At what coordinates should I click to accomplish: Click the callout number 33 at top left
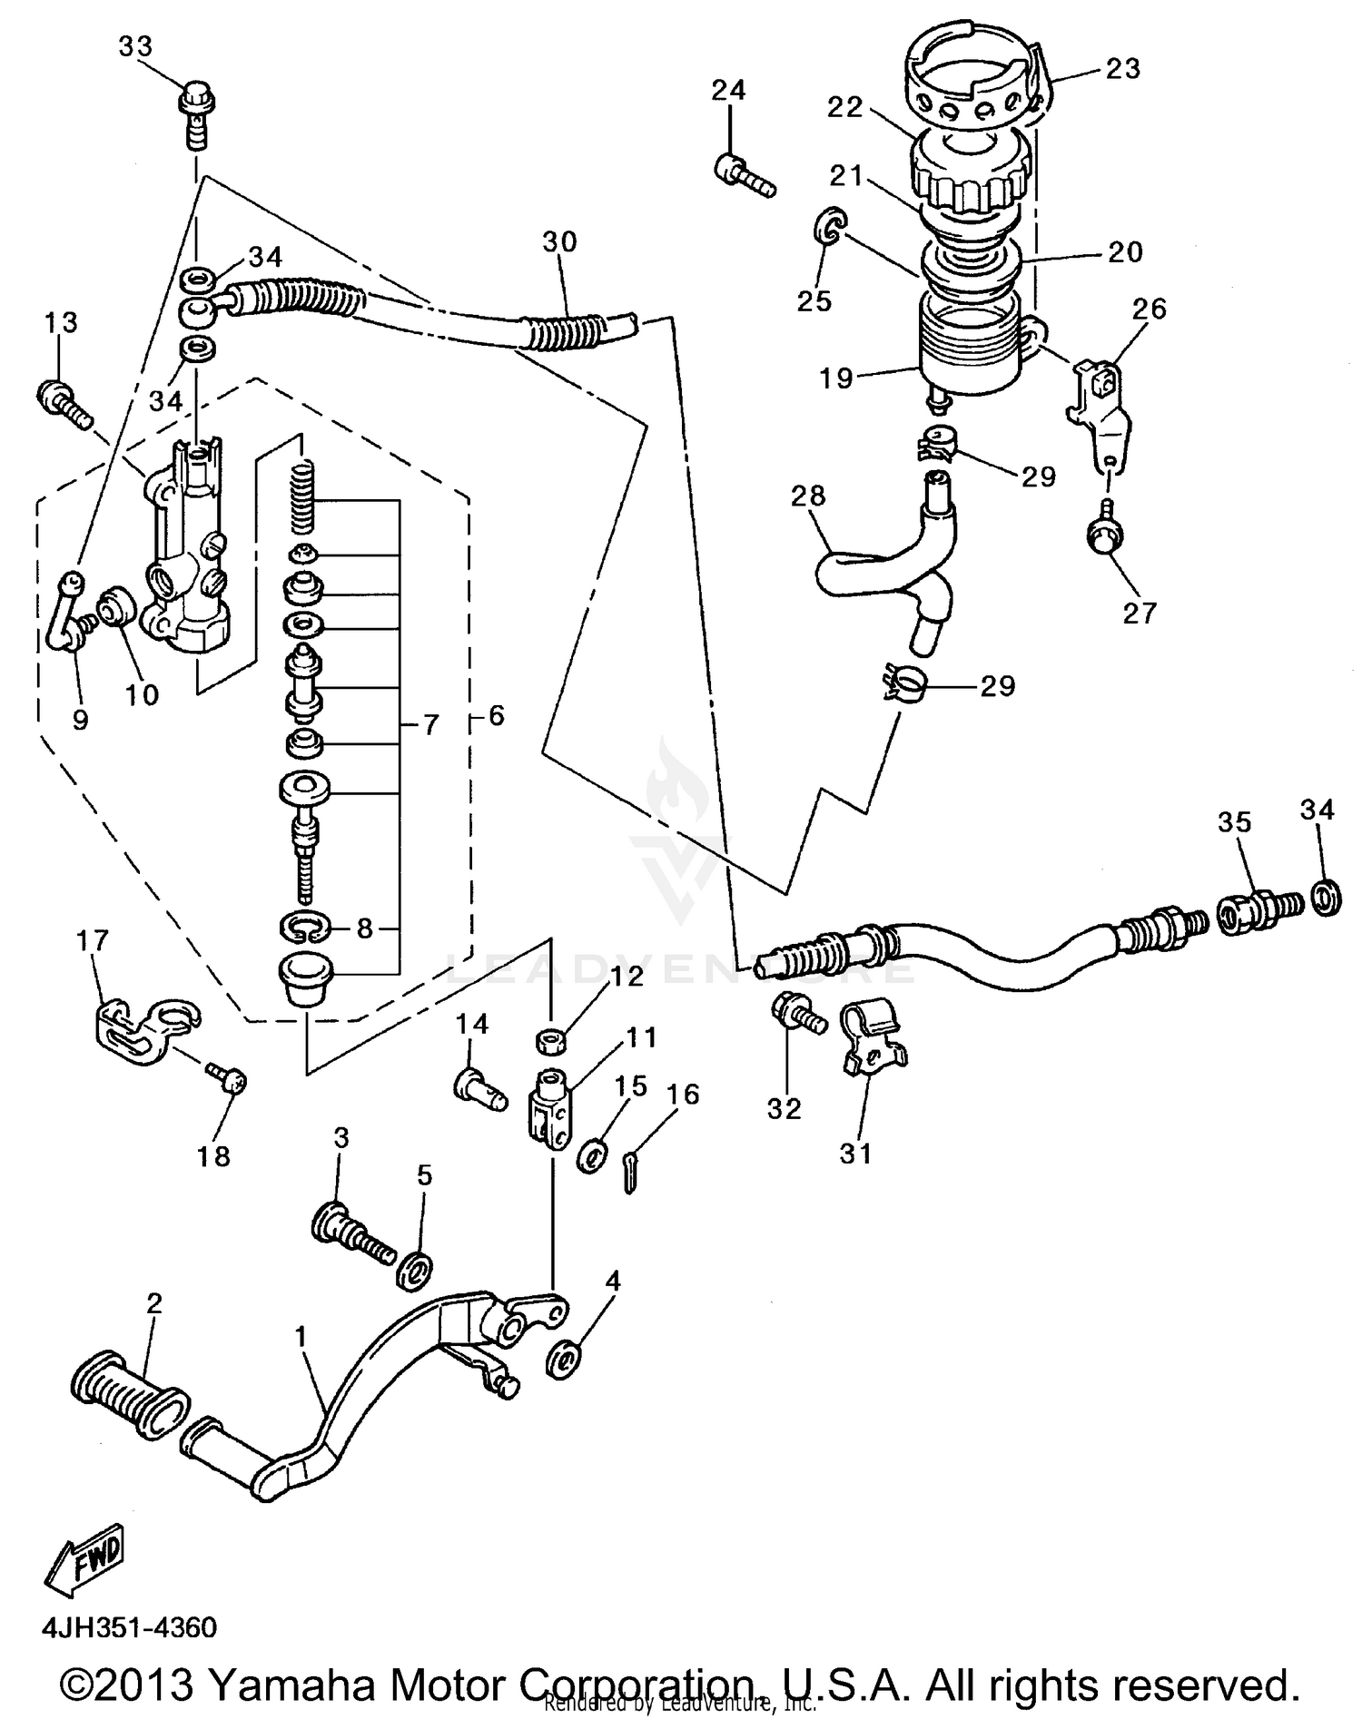[135, 47]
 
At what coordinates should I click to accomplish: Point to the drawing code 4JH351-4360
[130, 1626]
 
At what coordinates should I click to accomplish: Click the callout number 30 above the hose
[560, 241]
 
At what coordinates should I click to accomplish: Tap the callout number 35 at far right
[1234, 822]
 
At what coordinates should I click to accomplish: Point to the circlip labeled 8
[302, 928]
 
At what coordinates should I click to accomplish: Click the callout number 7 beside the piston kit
[430, 724]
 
